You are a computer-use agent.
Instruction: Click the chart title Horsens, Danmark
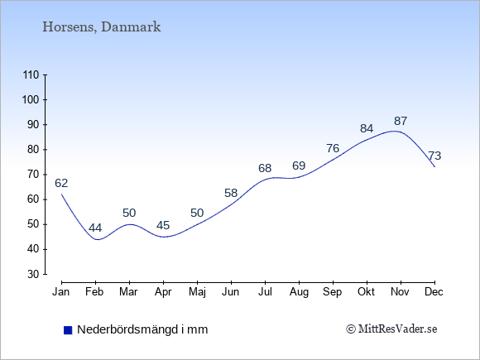[101, 27]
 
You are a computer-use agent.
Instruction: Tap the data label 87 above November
[401, 121]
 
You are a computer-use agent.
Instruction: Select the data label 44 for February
[95, 228]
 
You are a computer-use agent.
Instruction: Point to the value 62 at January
[61, 183]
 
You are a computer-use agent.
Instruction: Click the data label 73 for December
[434, 156]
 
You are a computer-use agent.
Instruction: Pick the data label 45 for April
[163, 225]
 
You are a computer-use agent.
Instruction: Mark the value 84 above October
[367, 128]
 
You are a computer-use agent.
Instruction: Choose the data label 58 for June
[231, 193]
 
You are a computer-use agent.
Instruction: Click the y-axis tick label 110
[31, 74]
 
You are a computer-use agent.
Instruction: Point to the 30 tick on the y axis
[34, 274]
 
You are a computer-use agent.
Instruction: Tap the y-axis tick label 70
[34, 175]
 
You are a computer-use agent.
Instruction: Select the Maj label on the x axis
[197, 292]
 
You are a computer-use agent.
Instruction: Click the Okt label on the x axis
[366, 292]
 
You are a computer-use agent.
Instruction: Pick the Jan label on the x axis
[61, 292]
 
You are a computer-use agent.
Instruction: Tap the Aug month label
[299, 292]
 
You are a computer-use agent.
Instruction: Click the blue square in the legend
[68, 330]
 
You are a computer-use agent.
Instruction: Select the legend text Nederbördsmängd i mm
[142, 329]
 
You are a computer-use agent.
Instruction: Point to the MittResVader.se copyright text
[391, 329]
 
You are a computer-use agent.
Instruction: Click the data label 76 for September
[333, 148]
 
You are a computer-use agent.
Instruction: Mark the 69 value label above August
[299, 166]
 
